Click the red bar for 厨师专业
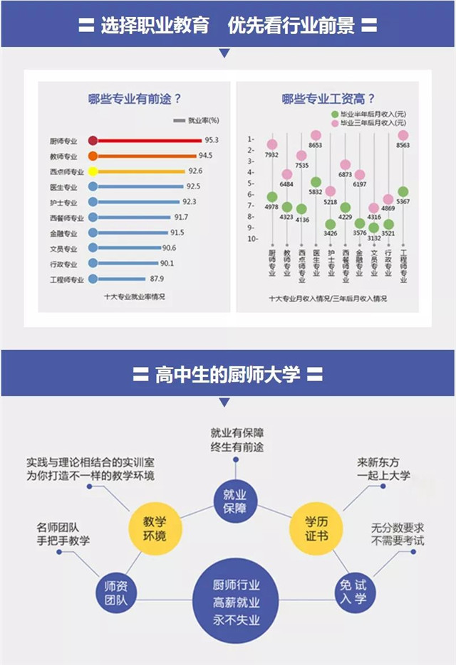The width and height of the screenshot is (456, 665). tap(150, 140)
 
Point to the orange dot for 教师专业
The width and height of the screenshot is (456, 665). tap(93, 156)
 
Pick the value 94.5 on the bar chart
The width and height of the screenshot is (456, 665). tap(206, 156)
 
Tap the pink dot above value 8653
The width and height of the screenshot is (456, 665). tap(316, 135)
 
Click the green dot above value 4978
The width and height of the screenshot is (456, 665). tap(271, 197)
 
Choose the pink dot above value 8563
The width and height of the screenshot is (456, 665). tap(403, 134)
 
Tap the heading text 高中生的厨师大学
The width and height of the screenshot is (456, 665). tap(228, 374)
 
